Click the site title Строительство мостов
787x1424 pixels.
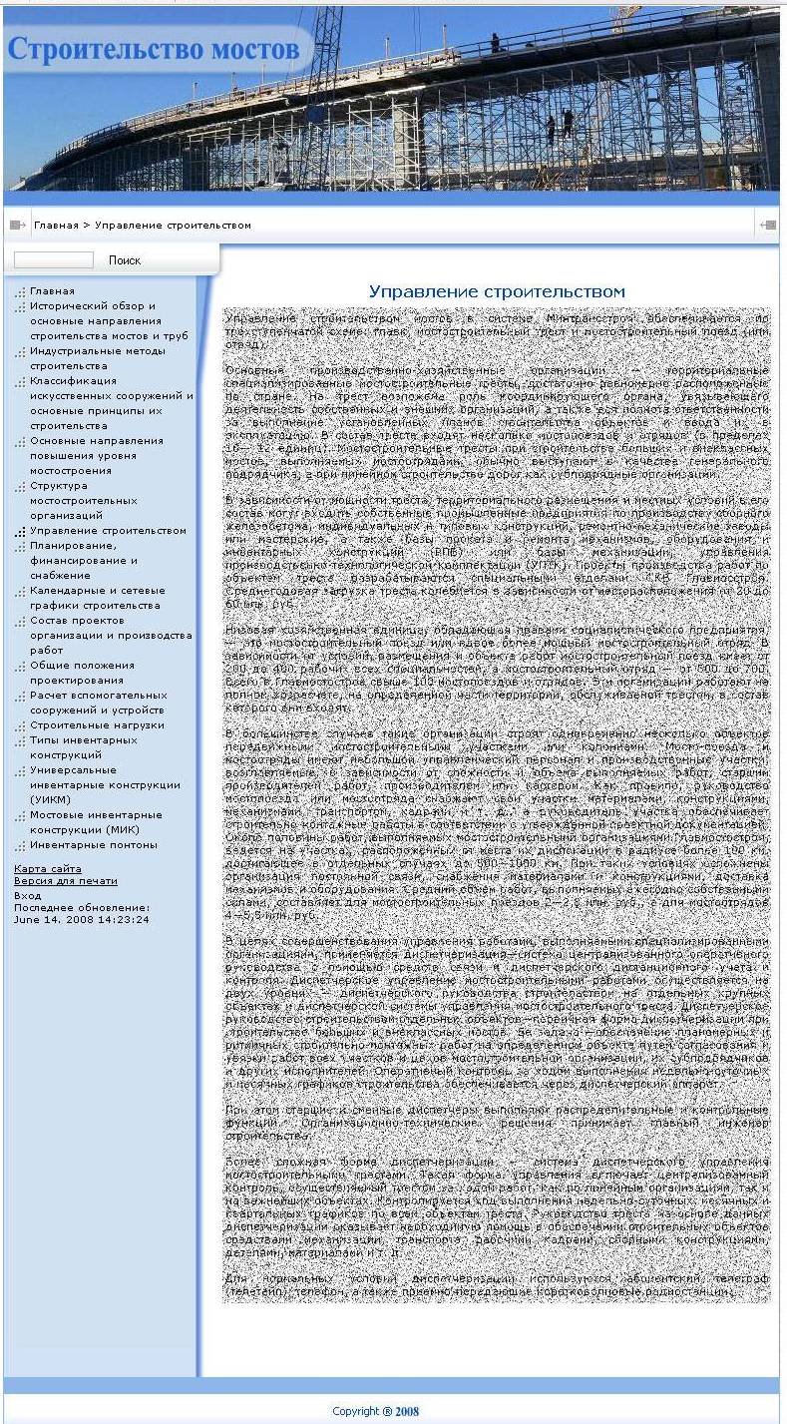(x=155, y=49)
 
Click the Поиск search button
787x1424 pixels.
(x=125, y=260)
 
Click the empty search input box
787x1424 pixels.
(x=54, y=260)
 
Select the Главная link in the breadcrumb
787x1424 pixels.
(x=56, y=226)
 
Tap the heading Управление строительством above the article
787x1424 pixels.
(x=497, y=291)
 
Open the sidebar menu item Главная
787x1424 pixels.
(x=52, y=291)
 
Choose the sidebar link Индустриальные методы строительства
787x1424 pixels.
(x=97, y=358)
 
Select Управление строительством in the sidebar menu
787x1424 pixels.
(x=108, y=531)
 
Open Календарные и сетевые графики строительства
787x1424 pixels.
(x=95, y=598)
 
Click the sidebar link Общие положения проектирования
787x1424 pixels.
(x=82, y=673)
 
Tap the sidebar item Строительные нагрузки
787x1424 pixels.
(x=97, y=725)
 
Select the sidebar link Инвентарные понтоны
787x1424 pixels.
(x=94, y=845)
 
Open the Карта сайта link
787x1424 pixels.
(x=48, y=869)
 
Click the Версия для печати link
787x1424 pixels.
(x=66, y=881)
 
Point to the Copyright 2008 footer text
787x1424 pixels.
(x=376, y=1411)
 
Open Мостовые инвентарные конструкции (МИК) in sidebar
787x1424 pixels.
(x=96, y=822)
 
